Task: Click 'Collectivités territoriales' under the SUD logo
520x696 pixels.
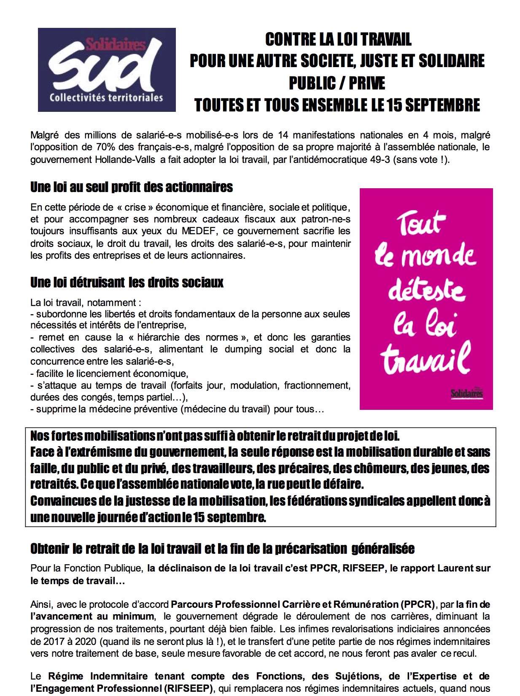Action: tap(106, 98)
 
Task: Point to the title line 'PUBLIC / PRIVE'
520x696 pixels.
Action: tap(337, 83)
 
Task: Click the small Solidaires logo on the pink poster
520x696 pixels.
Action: tap(466, 393)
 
